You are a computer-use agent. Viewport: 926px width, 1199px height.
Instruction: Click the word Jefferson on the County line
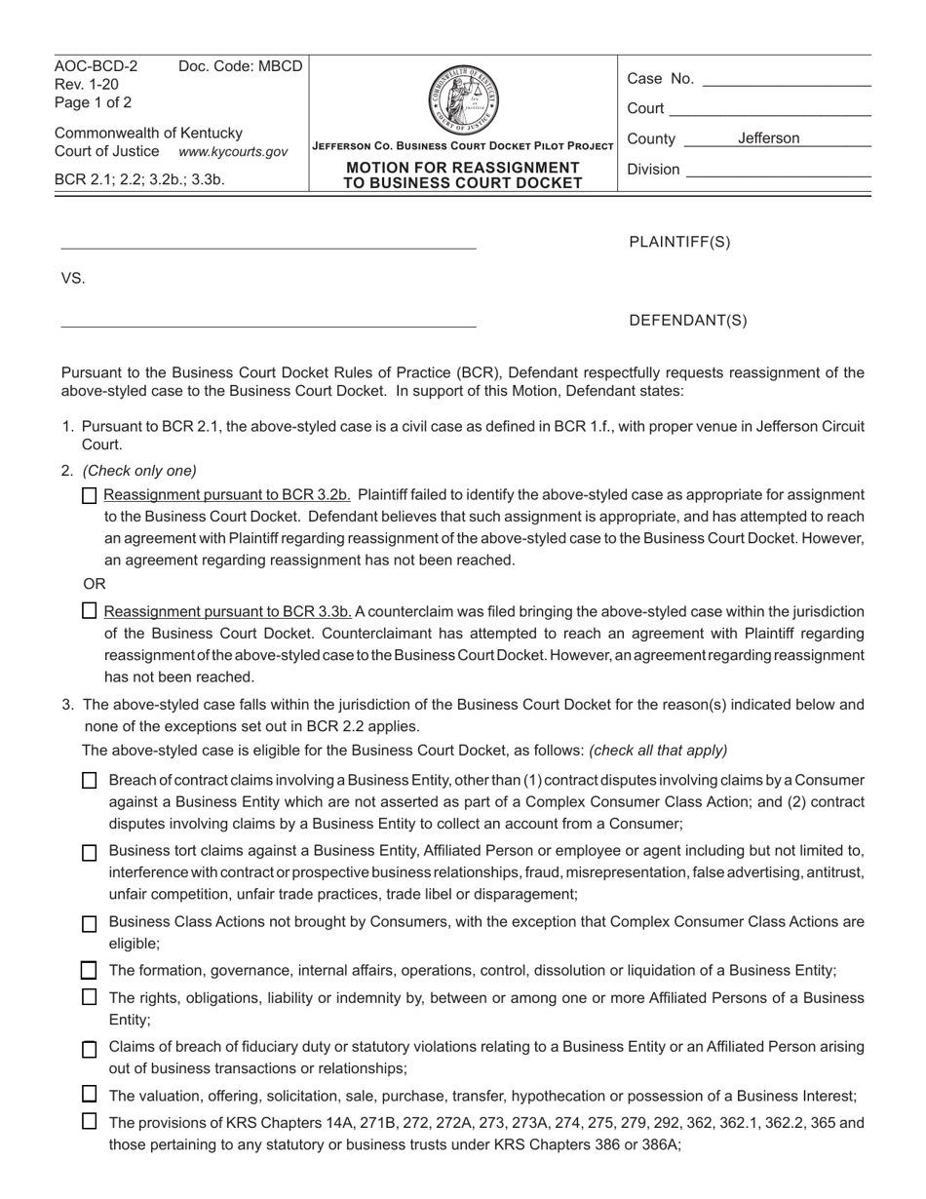768,138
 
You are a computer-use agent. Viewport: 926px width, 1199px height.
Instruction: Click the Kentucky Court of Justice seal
463,100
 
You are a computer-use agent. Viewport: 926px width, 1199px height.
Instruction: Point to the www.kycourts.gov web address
233,152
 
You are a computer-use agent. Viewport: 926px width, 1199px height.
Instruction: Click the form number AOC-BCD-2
96,66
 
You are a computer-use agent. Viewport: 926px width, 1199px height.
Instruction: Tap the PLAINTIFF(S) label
679,243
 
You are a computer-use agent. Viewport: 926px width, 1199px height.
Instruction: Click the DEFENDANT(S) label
688,321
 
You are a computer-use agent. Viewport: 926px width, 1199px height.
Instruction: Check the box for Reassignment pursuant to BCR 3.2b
90,495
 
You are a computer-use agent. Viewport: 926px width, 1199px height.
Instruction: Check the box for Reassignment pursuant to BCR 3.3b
90,611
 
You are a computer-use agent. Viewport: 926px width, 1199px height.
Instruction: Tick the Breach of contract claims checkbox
90,781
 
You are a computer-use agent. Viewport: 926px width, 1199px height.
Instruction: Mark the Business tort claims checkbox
90,853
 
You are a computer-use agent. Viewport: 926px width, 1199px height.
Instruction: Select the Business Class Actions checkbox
90,923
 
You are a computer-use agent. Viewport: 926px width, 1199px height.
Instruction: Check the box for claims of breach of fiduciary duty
90,1050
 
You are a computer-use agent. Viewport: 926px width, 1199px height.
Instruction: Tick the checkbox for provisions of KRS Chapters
90,1122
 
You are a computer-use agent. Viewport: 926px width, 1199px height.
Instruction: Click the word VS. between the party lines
73,279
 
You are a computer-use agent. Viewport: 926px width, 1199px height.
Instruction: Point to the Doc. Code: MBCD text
240,66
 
